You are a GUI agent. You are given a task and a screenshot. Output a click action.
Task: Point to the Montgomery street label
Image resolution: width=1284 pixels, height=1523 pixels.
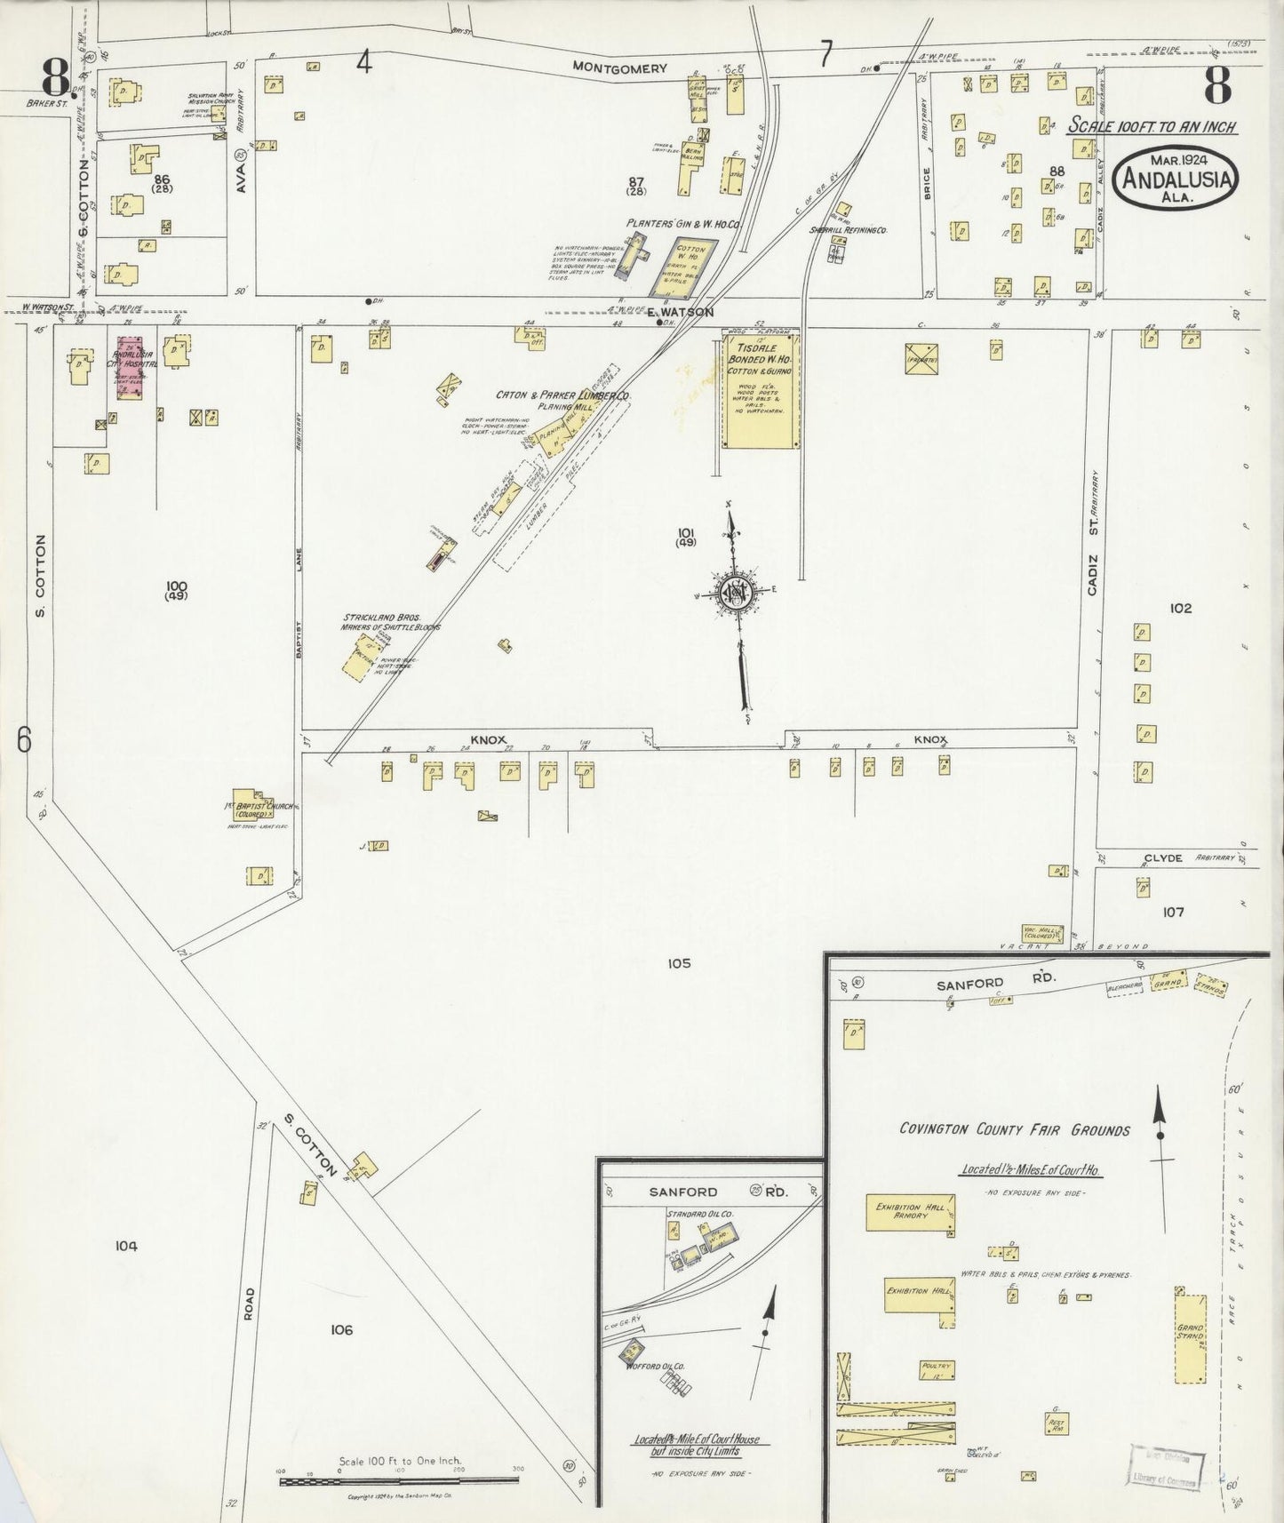point(619,68)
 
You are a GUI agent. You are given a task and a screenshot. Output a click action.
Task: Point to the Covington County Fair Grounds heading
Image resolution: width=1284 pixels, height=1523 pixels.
point(1014,1130)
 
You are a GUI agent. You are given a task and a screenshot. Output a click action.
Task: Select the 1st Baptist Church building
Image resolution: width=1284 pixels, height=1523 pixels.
point(254,803)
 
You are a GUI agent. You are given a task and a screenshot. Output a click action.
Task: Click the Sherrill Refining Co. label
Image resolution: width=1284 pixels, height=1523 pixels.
point(849,229)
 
